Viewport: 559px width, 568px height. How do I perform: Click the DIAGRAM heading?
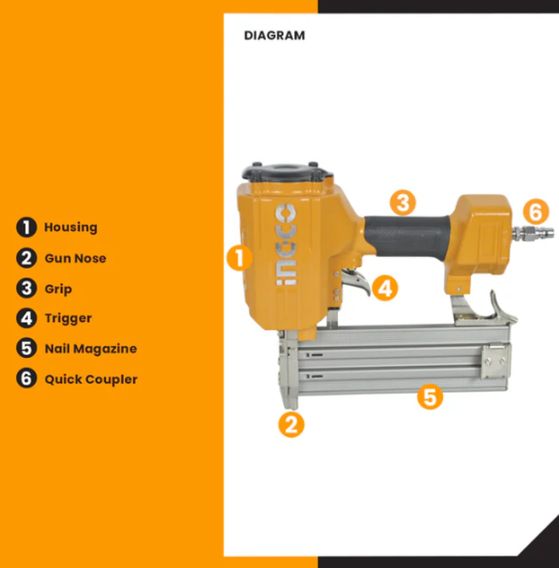point(274,35)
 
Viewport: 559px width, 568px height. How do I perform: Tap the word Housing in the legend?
point(70,228)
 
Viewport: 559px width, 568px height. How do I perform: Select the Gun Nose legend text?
point(76,258)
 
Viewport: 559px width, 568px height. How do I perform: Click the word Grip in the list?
point(58,289)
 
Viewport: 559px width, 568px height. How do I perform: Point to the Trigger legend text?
point(68,319)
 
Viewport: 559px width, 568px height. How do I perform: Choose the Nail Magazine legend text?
point(90,349)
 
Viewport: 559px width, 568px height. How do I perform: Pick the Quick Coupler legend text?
point(91,379)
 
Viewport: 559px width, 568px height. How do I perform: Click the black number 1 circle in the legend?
point(27,228)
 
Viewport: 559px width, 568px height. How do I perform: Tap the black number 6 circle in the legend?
point(27,378)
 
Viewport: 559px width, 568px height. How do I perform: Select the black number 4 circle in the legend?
point(27,319)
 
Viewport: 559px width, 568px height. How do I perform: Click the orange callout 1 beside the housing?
point(239,258)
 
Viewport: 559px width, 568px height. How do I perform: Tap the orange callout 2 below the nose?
point(291,424)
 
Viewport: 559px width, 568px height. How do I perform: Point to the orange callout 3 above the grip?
point(403,203)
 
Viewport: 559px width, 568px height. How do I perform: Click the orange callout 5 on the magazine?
point(430,396)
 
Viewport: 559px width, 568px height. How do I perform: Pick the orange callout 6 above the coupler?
point(536,211)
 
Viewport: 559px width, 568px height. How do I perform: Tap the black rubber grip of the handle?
point(407,235)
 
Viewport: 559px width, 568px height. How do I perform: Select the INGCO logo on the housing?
point(286,244)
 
